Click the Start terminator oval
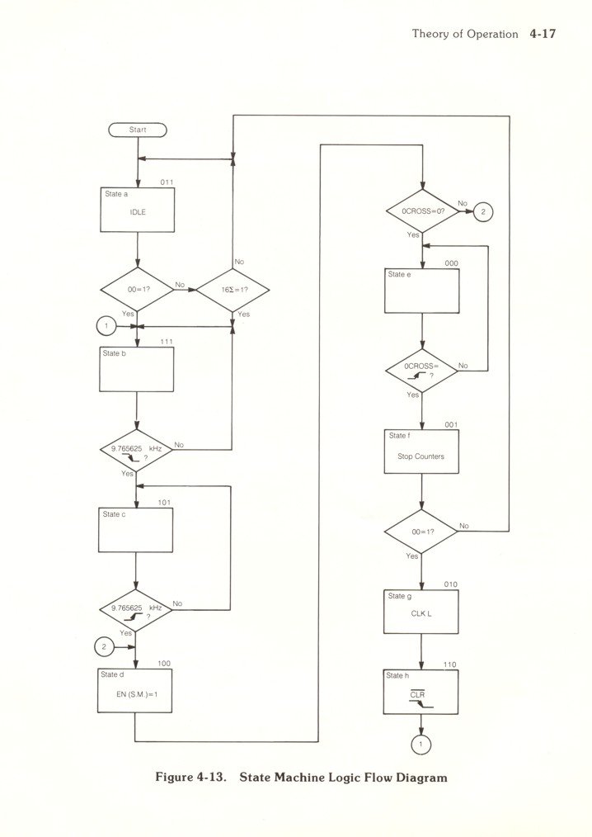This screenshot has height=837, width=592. (137, 130)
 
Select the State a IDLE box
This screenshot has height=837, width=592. (137, 210)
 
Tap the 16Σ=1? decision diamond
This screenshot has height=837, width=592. (233, 290)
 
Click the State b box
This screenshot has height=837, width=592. (137, 369)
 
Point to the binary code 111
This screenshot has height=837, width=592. (166, 342)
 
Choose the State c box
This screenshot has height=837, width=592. (137, 529)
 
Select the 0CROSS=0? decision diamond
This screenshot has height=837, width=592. (422, 211)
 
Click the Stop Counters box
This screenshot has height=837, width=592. (422, 452)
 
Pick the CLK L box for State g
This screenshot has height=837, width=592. (422, 612)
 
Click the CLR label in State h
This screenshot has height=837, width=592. (419, 695)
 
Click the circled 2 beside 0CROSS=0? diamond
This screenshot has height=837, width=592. (484, 211)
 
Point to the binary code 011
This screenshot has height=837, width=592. (166, 182)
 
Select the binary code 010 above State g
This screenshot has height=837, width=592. (450, 584)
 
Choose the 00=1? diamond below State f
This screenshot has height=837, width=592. (422, 532)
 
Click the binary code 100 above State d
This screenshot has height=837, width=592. (164, 663)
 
